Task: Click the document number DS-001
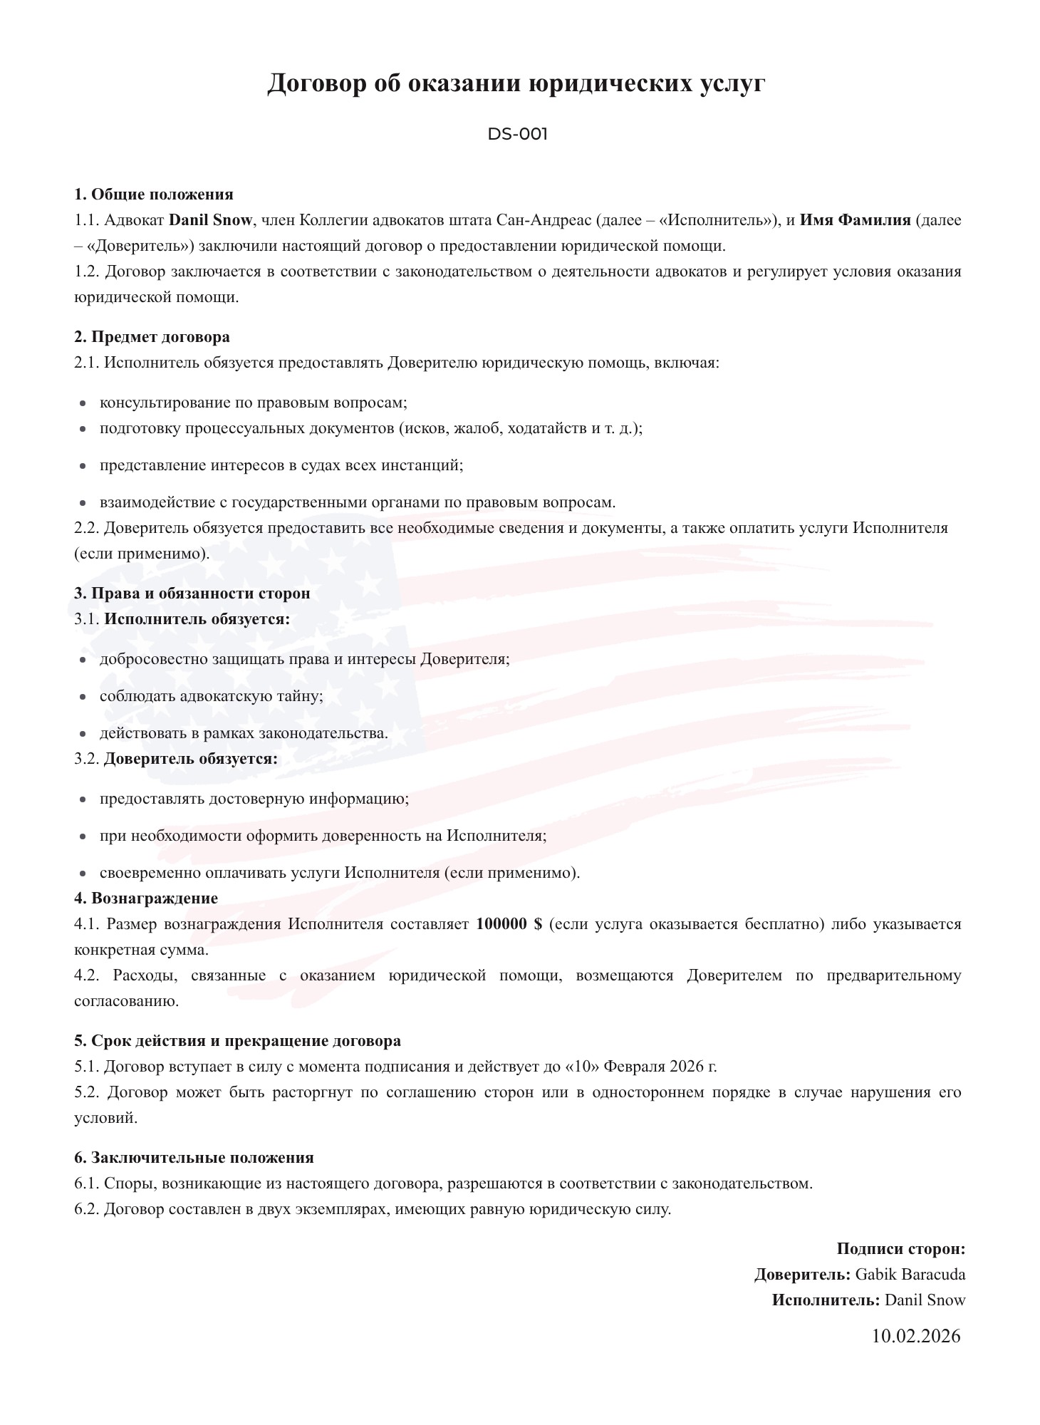517,134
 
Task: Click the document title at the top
516,83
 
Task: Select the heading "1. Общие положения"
154,195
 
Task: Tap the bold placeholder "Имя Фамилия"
855,220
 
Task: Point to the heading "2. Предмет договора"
152,337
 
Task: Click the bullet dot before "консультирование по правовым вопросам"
83,404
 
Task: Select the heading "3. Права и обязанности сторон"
192,594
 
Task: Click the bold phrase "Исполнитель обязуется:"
197,619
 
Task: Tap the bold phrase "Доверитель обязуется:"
191,759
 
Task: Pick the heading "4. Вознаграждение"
146,898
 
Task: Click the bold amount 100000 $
509,924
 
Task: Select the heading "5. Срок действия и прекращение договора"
237,1041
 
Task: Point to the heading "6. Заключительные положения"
194,1158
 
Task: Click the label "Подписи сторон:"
900,1249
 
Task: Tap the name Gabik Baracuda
910,1275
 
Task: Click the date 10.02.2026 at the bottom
915,1336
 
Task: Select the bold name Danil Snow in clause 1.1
210,220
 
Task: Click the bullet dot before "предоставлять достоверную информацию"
83,800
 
